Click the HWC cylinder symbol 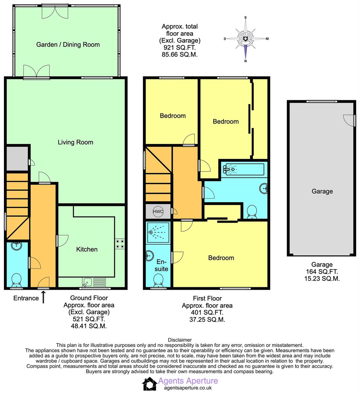click(158, 211)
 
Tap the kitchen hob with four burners click(120, 244)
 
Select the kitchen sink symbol click(94, 282)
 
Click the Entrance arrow click(43, 297)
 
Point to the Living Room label click(75, 142)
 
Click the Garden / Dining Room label click(68, 44)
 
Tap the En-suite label click(161, 265)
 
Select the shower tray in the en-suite click(158, 232)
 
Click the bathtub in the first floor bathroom click(243, 169)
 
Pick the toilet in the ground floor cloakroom click(16, 280)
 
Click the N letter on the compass click(246, 61)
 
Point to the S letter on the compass click(245, 17)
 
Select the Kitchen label click(87, 249)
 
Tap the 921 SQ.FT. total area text click(180, 47)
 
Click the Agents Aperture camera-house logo click(150, 384)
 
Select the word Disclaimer click(180, 340)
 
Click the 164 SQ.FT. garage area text click(322, 272)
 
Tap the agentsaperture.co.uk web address click(188, 388)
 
